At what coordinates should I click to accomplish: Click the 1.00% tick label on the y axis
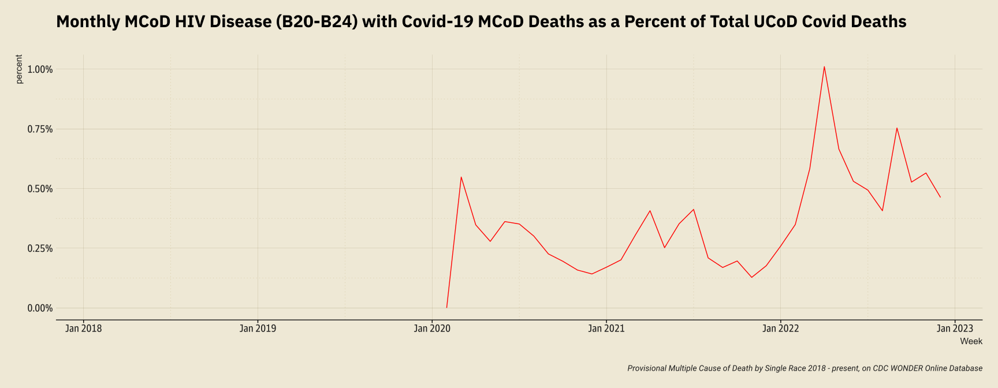(40, 69)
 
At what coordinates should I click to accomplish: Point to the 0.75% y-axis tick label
(40, 129)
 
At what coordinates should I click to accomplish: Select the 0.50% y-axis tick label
(40, 189)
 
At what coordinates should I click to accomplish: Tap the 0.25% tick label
(40, 249)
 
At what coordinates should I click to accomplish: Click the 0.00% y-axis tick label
(40, 308)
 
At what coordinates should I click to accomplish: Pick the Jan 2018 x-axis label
(84, 329)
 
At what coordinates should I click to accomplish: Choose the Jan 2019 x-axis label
(258, 329)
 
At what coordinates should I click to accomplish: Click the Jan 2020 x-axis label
(432, 329)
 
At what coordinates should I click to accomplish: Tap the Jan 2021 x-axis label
(606, 329)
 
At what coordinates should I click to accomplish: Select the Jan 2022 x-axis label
(780, 329)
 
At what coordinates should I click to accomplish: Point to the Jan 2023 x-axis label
(954, 329)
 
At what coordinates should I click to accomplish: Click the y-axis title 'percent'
(19, 69)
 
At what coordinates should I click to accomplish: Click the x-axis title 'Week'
(971, 341)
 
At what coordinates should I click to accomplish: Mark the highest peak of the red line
(824, 66)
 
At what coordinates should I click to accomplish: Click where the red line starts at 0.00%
(446, 307)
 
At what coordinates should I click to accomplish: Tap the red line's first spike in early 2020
(461, 177)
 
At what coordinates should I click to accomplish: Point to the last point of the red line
(940, 197)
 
